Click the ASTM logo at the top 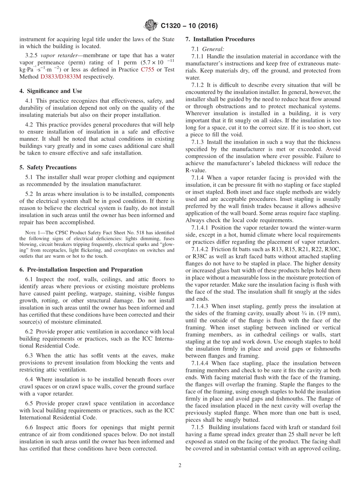tap(151, 26)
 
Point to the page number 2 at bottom tap(180, 466)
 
